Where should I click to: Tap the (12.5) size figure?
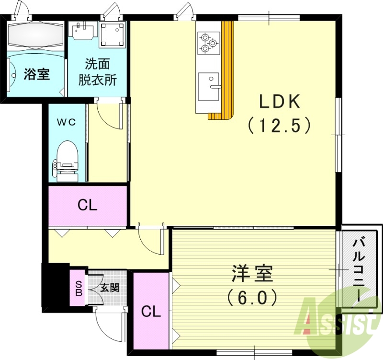point(280,126)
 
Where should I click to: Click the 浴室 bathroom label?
point(37,75)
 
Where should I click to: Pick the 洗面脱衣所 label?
point(98,71)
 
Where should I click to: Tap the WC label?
point(67,122)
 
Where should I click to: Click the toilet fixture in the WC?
point(66,160)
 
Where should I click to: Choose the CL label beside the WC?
point(88,206)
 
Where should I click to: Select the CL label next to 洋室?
point(151,312)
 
